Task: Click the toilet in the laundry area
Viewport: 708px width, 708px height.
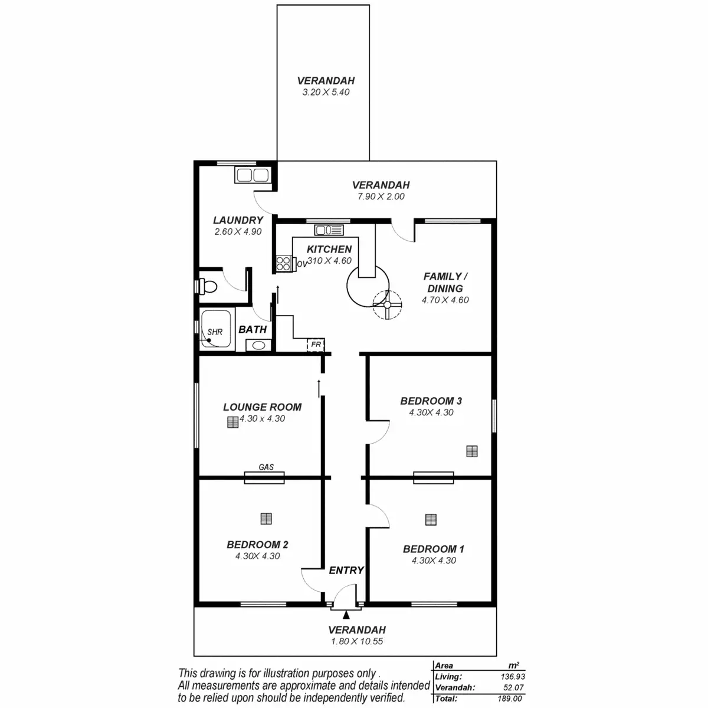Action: pyautogui.click(x=208, y=287)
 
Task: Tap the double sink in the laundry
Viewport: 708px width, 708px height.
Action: pyautogui.click(x=253, y=175)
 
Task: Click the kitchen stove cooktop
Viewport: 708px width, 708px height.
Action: pyautogui.click(x=284, y=263)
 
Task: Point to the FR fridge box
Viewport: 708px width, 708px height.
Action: pyautogui.click(x=316, y=344)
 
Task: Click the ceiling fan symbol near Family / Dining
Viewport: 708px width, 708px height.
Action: pyautogui.click(x=388, y=306)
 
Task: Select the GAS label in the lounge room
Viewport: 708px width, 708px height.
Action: pyautogui.click(x=266, y=467)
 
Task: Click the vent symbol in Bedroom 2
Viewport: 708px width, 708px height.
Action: pyautogui.click(x=267, y=519)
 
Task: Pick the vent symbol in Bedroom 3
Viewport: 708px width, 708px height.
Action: pyautogui.click(x=471, y=451)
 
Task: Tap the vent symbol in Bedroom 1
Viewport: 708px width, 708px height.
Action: pyautogui.click(x=431, y=520)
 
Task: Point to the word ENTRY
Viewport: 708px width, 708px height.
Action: pyautogui.click(x=346, y=571)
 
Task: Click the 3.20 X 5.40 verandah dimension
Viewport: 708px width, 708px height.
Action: pyautogui.click(x=326, y=93)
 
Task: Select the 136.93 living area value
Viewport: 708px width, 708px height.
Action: pyautogui.click(x=513, y=677)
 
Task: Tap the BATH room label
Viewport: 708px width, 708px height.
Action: pyautogui.click(x=253, y=330)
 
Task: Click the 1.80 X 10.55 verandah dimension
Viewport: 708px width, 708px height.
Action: pyautogui.click(x=356, y=641)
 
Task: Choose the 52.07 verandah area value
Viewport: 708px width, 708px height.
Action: pyautogui.click(x=514, y=688)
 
